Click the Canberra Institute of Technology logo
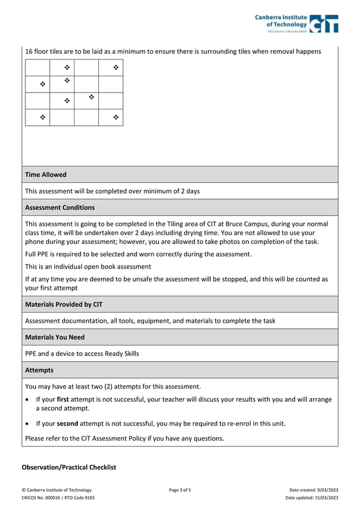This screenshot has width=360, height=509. [x=297, y=23]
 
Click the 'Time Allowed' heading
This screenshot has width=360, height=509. [x=46, y=175]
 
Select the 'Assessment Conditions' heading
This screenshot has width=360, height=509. [x=60, y=207]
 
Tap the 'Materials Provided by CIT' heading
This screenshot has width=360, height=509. [x=64, y=304]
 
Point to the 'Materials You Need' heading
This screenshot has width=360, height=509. [x=55, y=337]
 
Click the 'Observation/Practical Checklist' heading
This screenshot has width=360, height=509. [x=68, y=467]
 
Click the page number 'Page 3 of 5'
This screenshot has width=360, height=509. [x=180, y=490]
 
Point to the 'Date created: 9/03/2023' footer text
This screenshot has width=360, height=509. [x=313, y=490]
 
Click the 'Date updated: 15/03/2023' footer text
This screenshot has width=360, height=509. [x=311, y=498]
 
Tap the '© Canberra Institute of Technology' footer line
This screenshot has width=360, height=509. [x=56, y=490]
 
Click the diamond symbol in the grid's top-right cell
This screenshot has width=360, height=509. [x=116, y=68]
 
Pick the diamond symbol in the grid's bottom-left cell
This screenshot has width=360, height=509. [x=42, y=117]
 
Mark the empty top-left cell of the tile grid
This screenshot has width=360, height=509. [x=37, y=68]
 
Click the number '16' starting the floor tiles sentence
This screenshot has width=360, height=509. [x=29, y=51]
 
